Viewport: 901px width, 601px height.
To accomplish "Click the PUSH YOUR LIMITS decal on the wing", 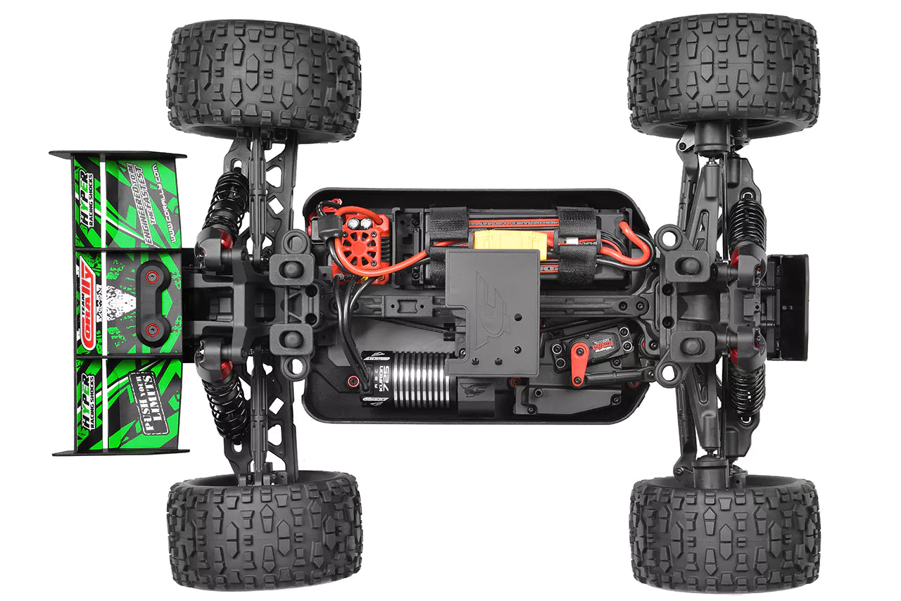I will pyautogui.click(x=146, y=393).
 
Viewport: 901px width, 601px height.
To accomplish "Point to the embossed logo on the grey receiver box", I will pyautogui.click(x=492, y=296).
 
